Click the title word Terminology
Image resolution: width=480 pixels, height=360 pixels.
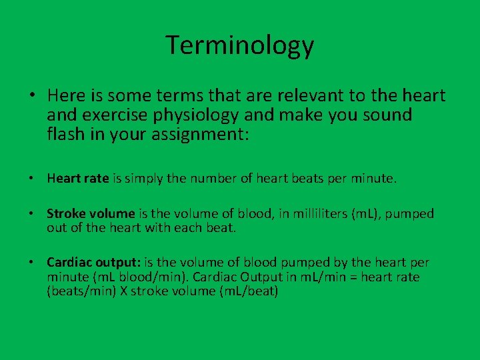pos(240,45)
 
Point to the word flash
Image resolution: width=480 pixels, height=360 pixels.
pos(65,134)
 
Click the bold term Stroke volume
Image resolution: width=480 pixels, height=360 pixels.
pos(91,214)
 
